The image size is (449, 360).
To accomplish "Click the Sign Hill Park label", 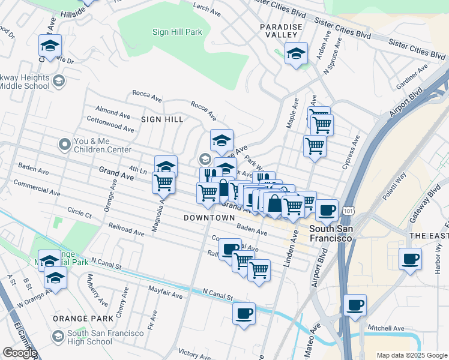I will pos(177,32).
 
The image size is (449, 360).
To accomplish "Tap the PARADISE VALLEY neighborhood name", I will pos(283,32).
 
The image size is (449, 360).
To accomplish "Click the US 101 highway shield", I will pos(348,211).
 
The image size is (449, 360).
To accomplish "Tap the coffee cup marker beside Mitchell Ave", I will pos(355,305).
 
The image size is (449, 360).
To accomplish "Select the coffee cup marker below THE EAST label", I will pos(410,259).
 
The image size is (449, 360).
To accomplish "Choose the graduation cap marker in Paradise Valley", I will pos(295,54).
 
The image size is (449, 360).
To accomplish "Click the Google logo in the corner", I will pos(20,353).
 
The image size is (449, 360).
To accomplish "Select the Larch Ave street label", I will pos(206,7).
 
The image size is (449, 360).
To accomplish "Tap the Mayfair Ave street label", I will pos(166,293).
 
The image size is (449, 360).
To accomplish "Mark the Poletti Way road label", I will pos(393,174).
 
